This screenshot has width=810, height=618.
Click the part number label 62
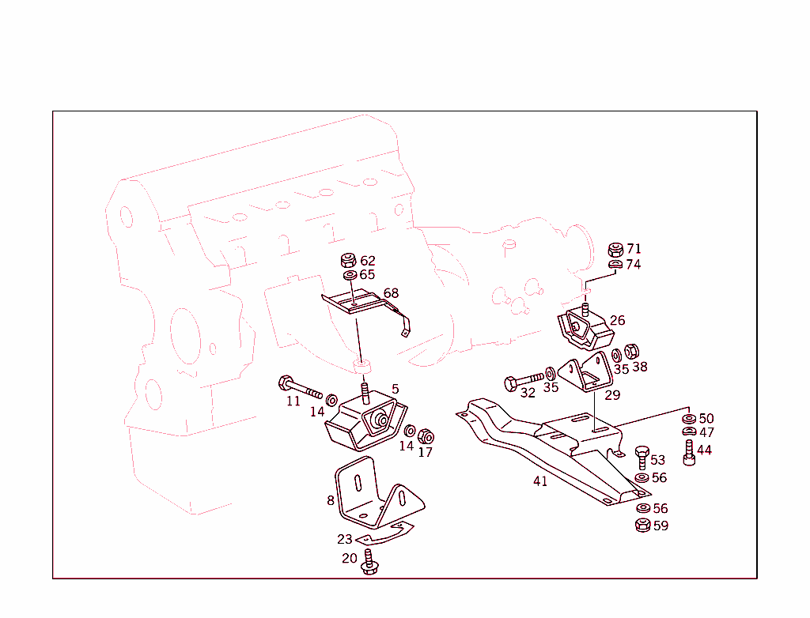(x=368, y=261)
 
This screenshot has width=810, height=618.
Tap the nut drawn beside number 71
(x=615, y=250)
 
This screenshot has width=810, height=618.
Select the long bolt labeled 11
(x=300, y=387)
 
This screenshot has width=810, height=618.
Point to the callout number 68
(x=391, y=293)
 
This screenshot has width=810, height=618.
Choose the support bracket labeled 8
(x=372, y=496)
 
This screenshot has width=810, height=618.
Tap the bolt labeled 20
(x=369, y=564)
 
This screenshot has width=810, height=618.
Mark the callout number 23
(x=344, y=540)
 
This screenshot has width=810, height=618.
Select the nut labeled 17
(x=426, y=435)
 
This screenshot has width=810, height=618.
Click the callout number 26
(x=617, y=320)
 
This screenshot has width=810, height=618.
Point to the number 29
(x=612, y=395)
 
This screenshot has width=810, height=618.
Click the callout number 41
(x=540, y=481)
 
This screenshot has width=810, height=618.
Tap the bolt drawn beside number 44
(x=689, y=453)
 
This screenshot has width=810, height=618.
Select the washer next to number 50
(x=688, y=418)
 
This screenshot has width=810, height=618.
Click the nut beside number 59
(x=642, y=525)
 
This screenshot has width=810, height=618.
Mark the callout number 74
(x=633, y=265)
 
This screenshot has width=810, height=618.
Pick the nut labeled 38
(x=631, y=351)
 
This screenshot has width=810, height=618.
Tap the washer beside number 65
(x=349, y=275)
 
